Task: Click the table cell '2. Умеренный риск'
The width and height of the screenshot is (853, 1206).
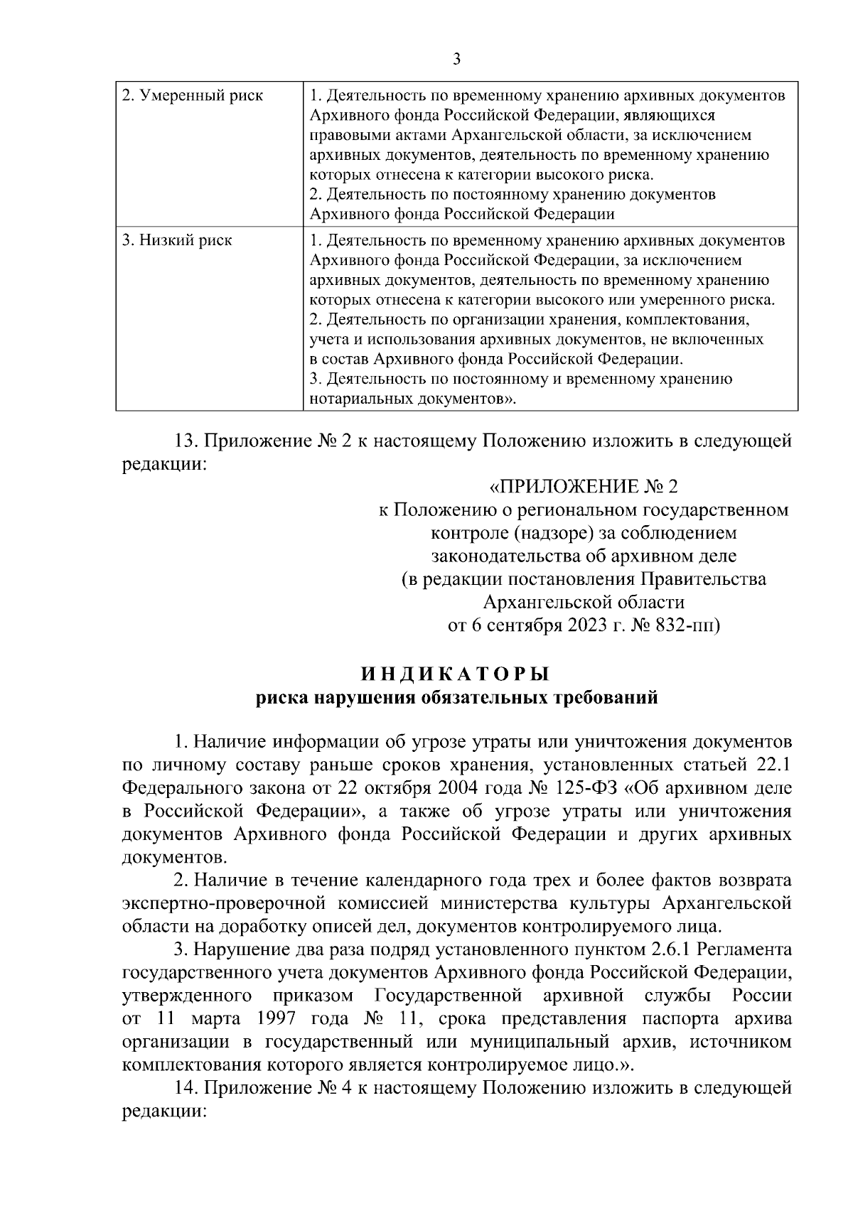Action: point(192,95)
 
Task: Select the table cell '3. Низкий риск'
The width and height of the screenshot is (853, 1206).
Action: point(177,240)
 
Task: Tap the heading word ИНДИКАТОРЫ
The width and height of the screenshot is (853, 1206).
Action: point(456,672)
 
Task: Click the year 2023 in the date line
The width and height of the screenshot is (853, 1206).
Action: point(590,625)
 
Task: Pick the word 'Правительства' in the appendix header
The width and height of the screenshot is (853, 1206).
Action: point(713,579)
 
